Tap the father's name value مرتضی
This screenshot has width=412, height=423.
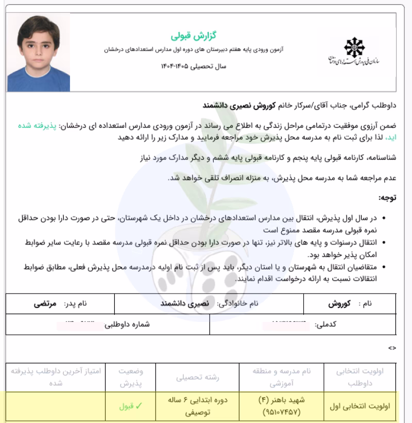[41, 304]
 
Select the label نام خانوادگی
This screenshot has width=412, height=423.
[237, 304]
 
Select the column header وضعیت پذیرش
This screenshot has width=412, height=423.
[131, 377]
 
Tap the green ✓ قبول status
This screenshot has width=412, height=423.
[130, 406]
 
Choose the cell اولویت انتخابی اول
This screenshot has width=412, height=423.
[360, 406]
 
